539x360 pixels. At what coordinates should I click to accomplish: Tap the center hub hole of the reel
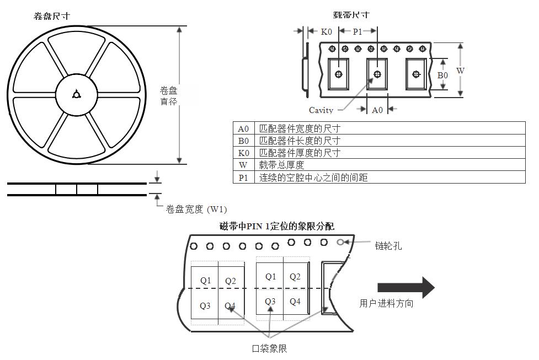tap(76, 95)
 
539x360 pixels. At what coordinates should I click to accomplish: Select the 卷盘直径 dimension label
tap(168, 96)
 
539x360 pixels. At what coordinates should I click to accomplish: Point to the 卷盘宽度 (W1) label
tap(196, 209)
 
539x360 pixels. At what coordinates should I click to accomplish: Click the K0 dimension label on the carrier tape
tap(327, 32)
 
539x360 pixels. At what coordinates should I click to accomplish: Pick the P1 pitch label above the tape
tap(357, 32)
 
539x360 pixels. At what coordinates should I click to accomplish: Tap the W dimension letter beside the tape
tap(460, 71)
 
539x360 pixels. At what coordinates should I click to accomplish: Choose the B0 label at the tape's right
tap(442, 75)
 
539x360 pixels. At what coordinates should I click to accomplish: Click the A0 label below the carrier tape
tap(377, 110)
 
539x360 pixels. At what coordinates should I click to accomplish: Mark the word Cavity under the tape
tap(321, 110)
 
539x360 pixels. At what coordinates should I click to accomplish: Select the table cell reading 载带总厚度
tap(281, 165)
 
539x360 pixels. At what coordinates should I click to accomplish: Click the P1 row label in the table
tap(243, 178)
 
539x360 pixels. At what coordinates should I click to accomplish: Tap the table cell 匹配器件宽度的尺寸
tap(300, 128)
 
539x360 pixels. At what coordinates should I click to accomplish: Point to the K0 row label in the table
tap(243, 153)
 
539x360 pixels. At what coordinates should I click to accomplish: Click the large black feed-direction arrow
tap(405, 287)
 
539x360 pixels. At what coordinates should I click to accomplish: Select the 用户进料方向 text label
tap(386, 303)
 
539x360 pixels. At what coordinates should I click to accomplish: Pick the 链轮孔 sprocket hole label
tap(390, 246)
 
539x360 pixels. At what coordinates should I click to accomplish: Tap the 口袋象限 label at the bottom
tap(269, 348)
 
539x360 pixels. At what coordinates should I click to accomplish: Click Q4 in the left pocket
tap(230, 306)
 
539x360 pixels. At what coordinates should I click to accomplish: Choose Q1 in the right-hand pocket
tap(270, 277)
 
